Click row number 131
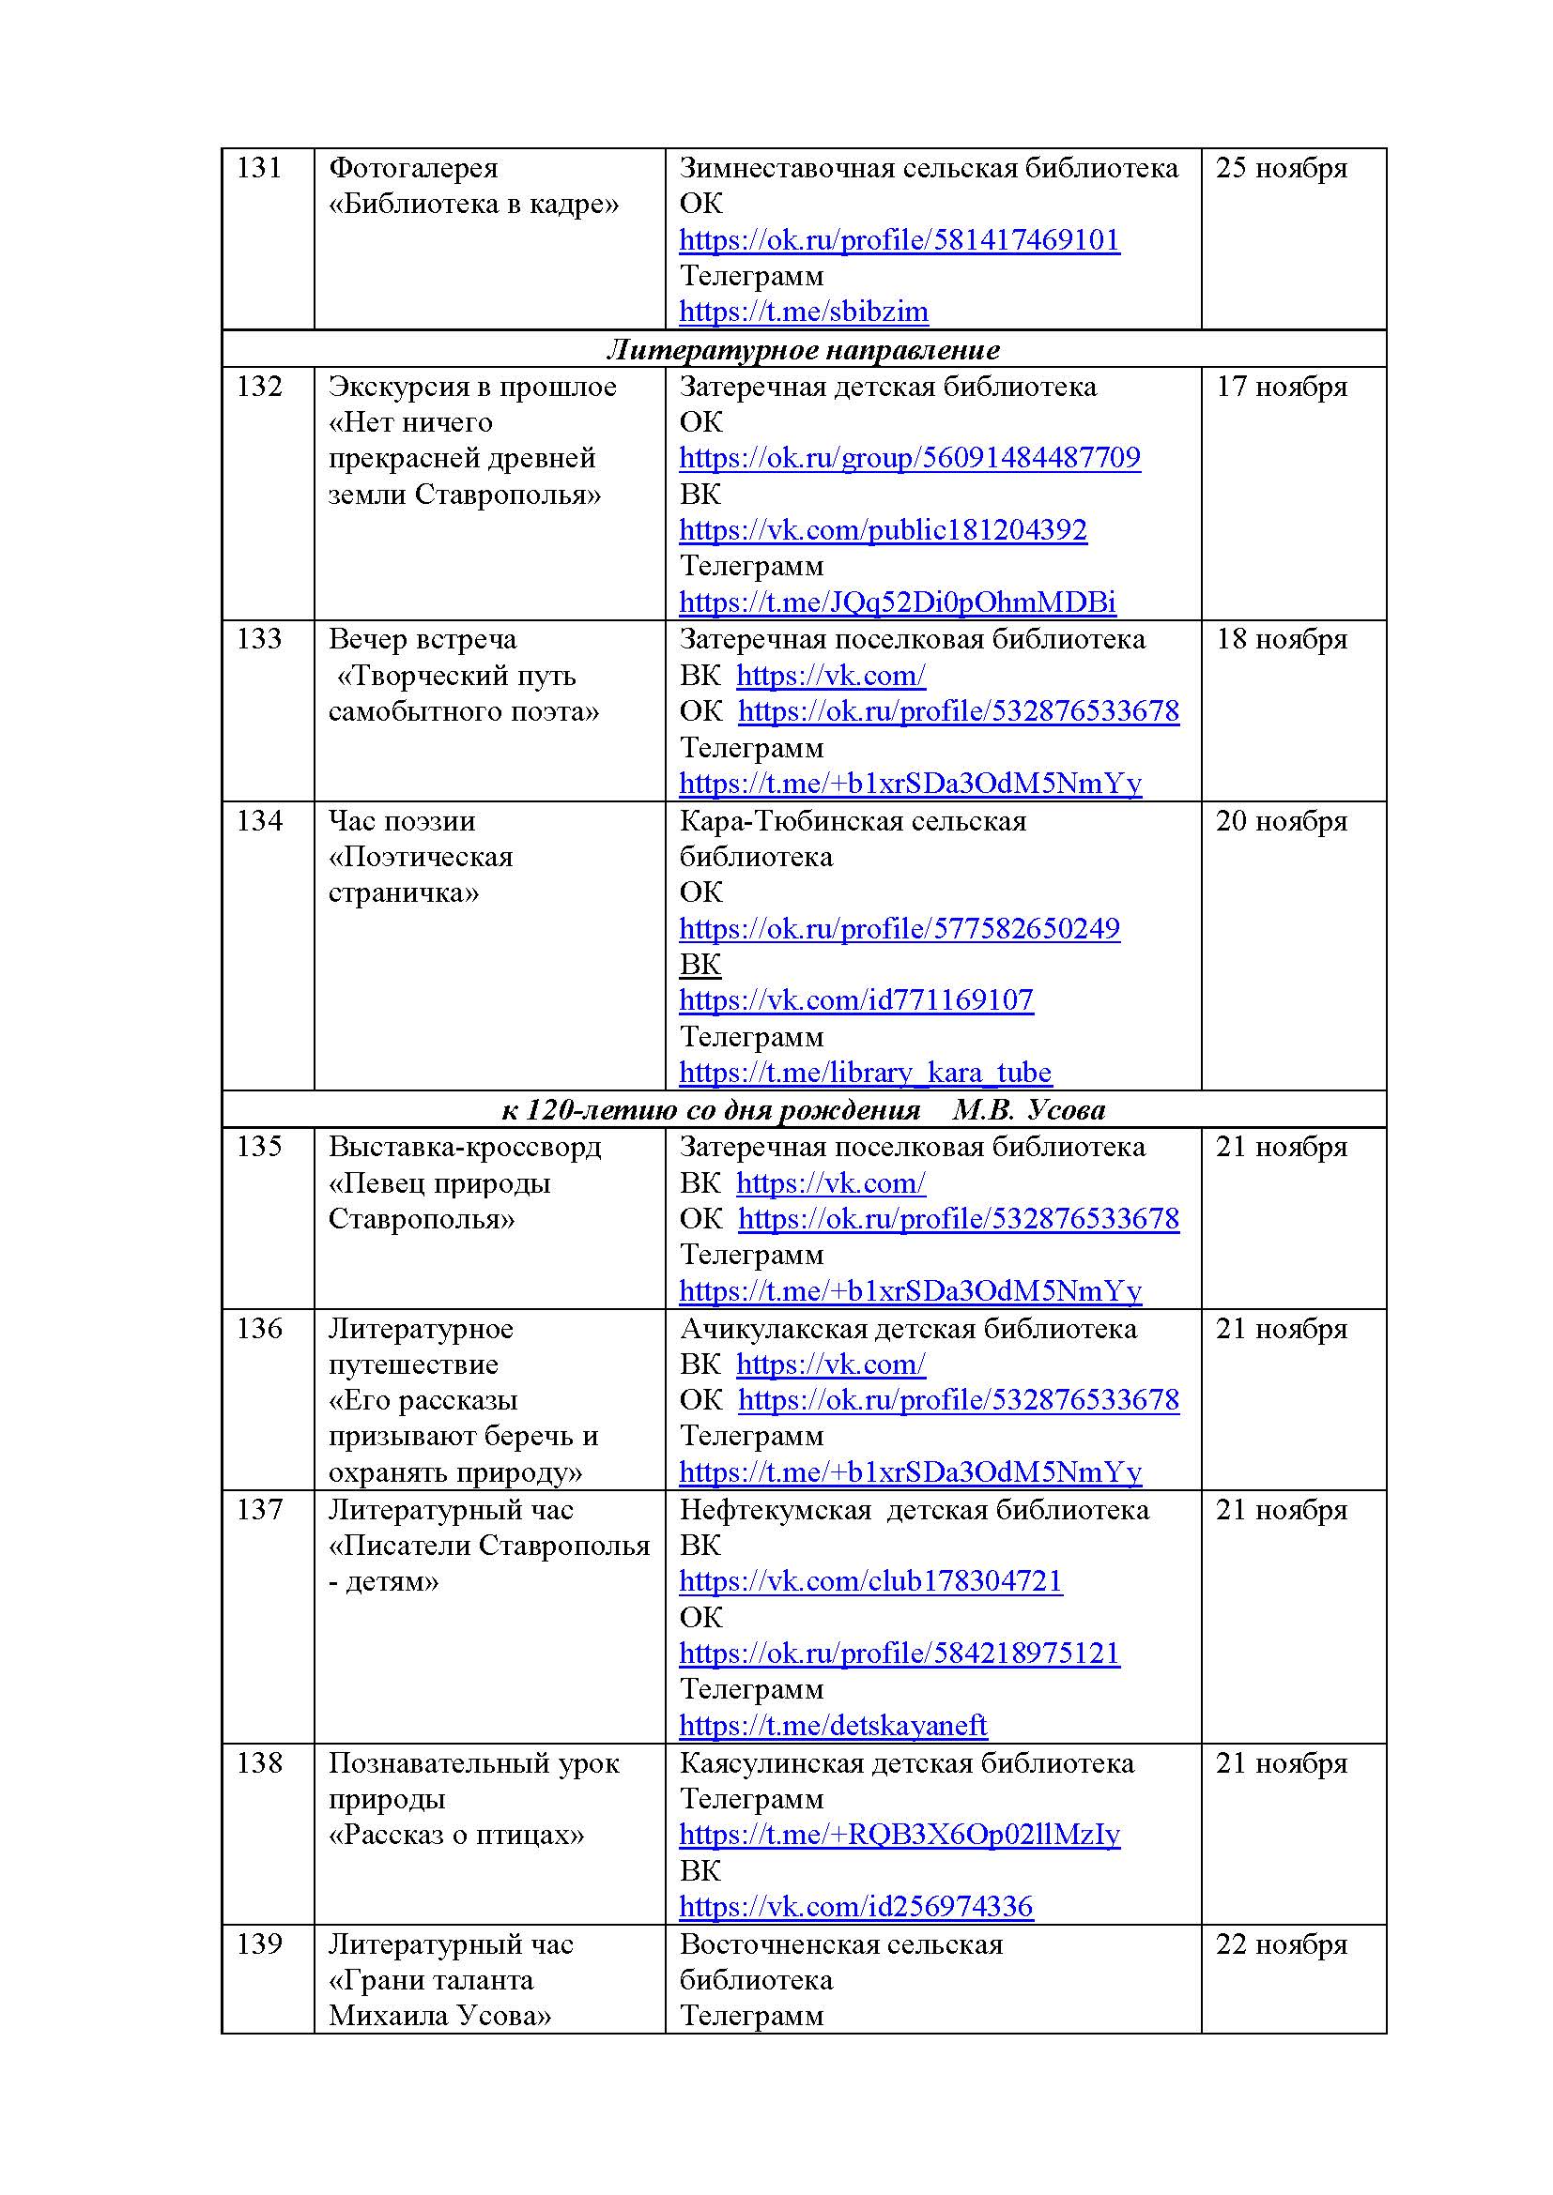259,168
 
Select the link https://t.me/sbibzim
804,312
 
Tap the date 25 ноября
1282,168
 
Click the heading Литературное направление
804,350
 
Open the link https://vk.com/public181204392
883,530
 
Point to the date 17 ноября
1282,388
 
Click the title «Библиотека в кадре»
474,204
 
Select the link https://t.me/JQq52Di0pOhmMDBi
897,602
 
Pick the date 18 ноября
1282,640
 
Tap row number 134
259,821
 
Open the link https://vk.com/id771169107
856,1001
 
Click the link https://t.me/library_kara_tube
865,1073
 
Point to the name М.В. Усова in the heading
1029,1110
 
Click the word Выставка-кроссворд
465,1147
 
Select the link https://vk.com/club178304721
870,1581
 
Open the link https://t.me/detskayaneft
833,1726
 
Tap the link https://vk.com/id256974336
856,1906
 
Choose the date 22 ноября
1282,1943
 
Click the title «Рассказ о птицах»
456,1835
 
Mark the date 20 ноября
1282,821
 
